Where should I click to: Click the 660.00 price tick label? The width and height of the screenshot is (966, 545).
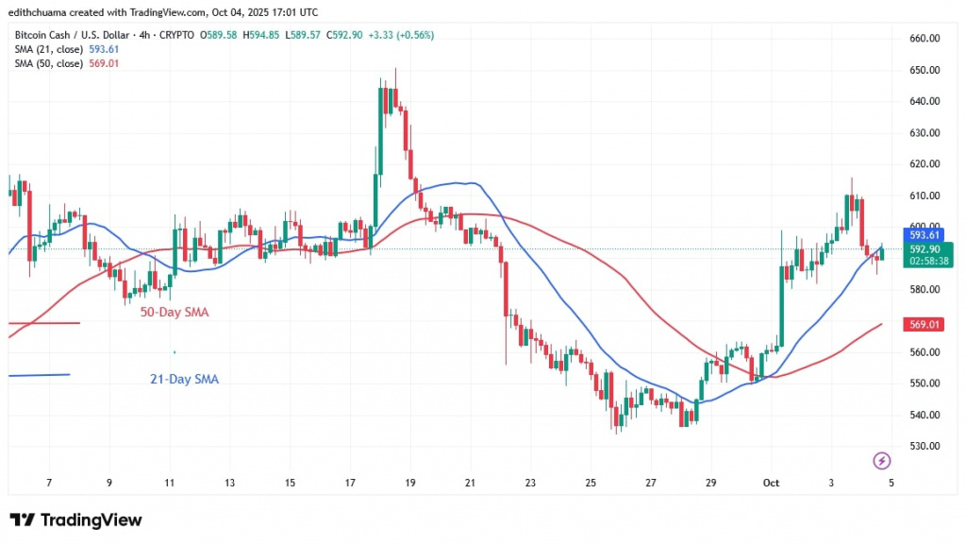point(924,39)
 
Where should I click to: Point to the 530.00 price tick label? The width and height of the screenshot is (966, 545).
point(924,446)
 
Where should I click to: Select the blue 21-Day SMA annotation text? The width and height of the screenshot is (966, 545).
point(184,379)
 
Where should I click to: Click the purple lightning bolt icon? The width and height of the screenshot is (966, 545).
point(882,461)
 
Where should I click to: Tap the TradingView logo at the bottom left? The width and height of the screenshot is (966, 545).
point(75,520)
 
